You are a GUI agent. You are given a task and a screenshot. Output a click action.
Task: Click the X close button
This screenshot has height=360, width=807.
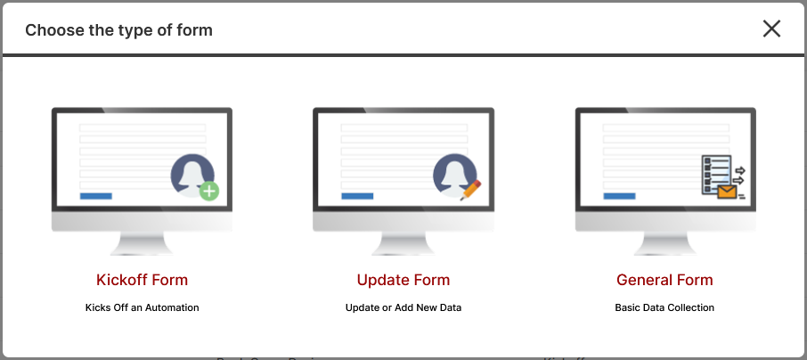[771, 29]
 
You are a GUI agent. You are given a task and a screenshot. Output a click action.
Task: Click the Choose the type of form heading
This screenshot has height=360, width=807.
[118, 30]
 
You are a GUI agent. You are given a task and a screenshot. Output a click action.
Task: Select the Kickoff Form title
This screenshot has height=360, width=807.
[142, 280]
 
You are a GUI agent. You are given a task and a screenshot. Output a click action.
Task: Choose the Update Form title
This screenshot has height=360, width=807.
[403, 280]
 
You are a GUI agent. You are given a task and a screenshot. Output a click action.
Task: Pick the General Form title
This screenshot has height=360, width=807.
[665, 280]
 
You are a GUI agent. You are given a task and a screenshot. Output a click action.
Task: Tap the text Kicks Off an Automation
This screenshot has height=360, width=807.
[142, 307]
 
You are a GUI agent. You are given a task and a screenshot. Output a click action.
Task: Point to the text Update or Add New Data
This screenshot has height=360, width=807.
[403, 307]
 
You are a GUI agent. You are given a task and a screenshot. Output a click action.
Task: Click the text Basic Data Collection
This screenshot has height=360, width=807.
[664, 307]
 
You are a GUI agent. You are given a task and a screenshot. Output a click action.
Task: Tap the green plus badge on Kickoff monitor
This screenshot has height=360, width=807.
[209, 191]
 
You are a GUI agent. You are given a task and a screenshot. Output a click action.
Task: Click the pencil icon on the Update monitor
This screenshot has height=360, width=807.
[470, 190]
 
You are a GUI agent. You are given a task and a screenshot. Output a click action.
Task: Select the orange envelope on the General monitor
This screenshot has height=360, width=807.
[727, 192]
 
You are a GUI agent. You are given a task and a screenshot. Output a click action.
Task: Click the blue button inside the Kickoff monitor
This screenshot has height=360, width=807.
[95, 196]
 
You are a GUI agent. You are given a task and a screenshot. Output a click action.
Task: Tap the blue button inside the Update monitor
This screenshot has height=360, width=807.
[357, 196]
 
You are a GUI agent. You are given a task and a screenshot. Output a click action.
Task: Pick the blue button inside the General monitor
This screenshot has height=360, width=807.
[619, 196]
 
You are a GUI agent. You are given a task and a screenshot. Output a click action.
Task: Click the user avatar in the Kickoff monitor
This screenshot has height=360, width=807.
[192, 175]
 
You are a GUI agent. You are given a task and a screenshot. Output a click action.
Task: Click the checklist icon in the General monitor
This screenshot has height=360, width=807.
[716, 175]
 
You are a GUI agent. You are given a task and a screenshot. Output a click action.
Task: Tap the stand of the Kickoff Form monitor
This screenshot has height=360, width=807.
[142, 243]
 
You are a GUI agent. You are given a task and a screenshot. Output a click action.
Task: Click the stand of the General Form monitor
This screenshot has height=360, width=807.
[665, 243]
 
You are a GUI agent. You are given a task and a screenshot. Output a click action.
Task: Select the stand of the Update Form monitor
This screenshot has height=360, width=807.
[403, 243]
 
